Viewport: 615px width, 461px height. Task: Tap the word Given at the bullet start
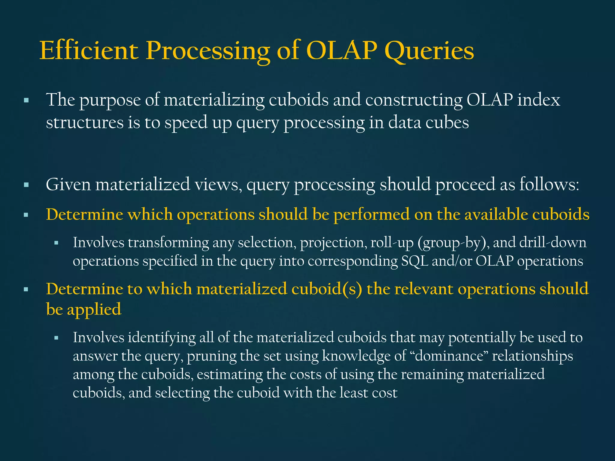[x=68, y=184]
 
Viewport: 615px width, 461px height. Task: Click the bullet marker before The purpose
[x=26, y=100]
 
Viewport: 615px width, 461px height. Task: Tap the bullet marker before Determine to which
[x=26, y=290]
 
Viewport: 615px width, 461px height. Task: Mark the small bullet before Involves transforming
[x=56, y=243]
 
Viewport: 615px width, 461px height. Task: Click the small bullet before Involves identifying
[x=56, y=338]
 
